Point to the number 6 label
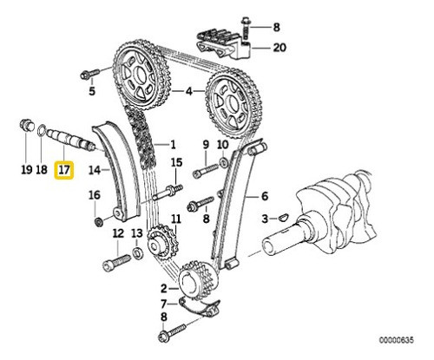265,199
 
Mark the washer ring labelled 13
137,255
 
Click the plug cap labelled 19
26,130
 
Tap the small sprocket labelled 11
159,242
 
